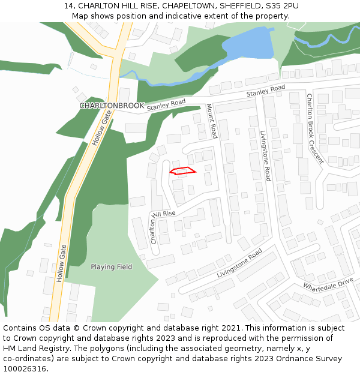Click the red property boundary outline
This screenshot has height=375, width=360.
click(x=183, y=171)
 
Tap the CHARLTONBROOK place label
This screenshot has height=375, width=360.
click(x=112, y=106)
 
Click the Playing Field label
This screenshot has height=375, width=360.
click(x=111, y=266)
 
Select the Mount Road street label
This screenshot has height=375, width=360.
click(x=211, y=121)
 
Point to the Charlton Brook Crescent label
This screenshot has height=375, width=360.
click(x=314, y=128)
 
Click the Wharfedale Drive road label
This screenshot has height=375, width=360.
click(x=328, y=284)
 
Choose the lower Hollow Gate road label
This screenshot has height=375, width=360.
click(x=61, y=263)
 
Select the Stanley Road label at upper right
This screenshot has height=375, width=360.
click(x=266, y=92)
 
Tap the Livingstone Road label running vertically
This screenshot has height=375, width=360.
click(x=265, y=156)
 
